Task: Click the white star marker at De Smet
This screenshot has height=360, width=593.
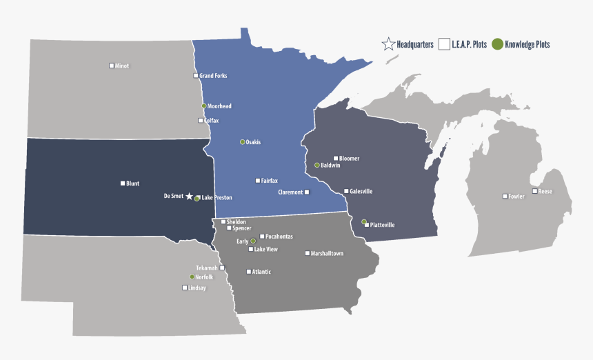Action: [190, 197]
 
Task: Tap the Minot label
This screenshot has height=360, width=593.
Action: [122, 66]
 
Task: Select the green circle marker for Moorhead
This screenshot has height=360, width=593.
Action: [204, 106]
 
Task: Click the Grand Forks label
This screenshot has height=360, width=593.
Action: [213, 76]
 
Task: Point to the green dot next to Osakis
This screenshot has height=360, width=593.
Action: [242, 142]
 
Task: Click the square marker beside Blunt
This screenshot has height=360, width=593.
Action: [123, 183]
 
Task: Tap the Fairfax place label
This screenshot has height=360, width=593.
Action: [269, 181]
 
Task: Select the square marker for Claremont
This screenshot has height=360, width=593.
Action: [307, 192]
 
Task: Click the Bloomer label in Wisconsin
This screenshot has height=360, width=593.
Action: [349, 159]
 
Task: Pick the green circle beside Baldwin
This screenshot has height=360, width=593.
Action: [316, 166]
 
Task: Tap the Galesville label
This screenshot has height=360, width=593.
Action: [361, 192]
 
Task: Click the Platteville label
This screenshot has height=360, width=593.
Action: [382, 225]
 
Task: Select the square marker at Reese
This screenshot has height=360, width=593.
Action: [534, 191]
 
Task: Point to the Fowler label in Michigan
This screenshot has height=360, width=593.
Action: [516, 197]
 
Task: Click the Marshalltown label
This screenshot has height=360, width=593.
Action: [327, 254]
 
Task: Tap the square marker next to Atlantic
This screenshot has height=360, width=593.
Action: [249, 272]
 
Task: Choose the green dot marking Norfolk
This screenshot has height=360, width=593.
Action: [192, 277]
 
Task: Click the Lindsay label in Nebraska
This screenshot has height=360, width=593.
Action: [197, 288]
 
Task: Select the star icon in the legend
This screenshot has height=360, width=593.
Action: [388, 45]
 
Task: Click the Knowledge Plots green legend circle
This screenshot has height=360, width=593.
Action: [496, 45]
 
